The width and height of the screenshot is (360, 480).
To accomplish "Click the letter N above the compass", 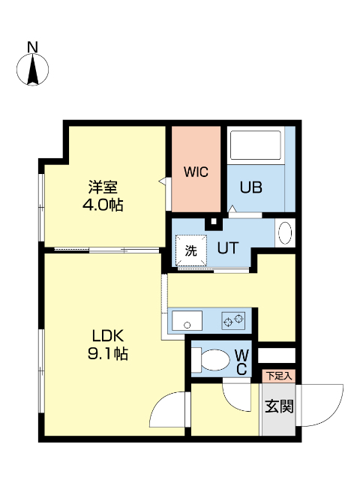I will tap(32, 47).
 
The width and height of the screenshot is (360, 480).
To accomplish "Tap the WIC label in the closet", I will tap(196, 171).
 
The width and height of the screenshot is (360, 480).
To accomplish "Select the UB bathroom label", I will tap(250, 188).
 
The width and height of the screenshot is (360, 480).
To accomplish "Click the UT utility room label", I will tap(228, 247).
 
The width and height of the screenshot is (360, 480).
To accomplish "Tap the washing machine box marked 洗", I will tap(190, 251).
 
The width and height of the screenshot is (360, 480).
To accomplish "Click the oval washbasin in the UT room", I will tap(285, 233).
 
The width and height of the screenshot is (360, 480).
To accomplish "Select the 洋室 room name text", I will tap(103, 187).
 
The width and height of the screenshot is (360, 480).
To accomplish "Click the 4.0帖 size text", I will tap(103, 204).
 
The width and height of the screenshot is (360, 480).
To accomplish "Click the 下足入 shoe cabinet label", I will tap(278, 374).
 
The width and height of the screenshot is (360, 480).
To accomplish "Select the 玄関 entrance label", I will tap(278, 406).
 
